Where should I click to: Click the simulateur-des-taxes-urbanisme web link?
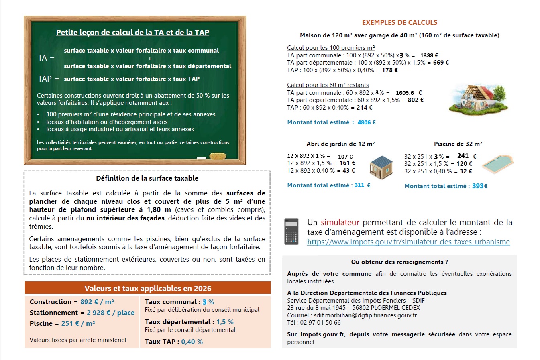point(408,242)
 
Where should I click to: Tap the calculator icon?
point(291,232)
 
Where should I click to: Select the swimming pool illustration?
point(497,164)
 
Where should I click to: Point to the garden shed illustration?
point(381,167)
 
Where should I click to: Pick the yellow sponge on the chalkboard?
point(218,156)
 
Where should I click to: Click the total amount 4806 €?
point(367,122)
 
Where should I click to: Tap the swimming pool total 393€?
point(479,186)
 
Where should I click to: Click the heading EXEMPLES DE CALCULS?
point(399,23)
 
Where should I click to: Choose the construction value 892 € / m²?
point(97,302)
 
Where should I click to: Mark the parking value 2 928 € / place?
point(110,313)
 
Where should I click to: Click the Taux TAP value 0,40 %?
point(192,342)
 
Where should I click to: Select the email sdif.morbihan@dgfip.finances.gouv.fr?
point(365,315)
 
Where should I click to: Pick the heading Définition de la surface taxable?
point(147,178)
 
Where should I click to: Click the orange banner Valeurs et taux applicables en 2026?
point(148,288)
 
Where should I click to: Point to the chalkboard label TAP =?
point(48,79)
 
